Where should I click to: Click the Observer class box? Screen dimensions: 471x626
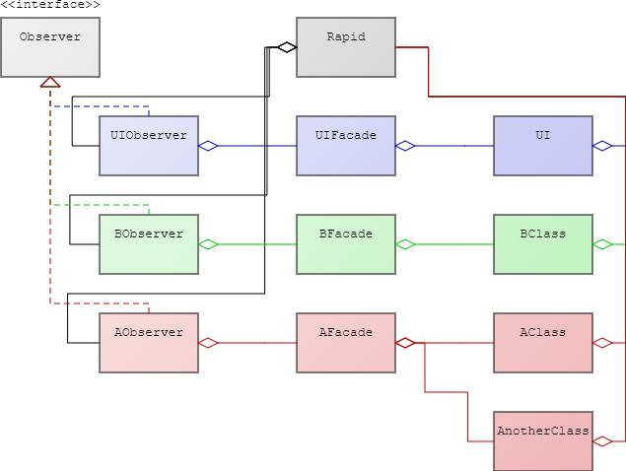50,46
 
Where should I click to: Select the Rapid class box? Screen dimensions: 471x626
346,46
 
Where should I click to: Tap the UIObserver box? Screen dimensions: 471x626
149,145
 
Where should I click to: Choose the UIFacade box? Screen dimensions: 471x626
346,145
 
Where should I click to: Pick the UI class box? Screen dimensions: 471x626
543,145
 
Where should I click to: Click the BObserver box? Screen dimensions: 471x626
149,243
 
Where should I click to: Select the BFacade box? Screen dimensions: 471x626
346,243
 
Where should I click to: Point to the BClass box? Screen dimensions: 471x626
543,243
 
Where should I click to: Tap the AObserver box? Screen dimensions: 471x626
149,342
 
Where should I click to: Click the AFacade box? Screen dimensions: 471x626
346,342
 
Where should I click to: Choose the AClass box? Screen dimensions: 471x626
543,342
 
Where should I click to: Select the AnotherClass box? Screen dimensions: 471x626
543,440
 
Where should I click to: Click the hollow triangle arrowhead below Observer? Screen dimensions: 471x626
50,82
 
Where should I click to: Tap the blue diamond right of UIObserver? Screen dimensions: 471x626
207,146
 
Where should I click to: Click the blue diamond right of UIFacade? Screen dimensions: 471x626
404,146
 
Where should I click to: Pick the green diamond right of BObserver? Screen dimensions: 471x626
207,244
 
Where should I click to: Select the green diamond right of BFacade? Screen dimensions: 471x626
404,244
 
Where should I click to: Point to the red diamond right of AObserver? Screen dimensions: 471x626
207,343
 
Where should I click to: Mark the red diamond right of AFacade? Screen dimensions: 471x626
404,343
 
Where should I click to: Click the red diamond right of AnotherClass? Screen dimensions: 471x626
601,441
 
